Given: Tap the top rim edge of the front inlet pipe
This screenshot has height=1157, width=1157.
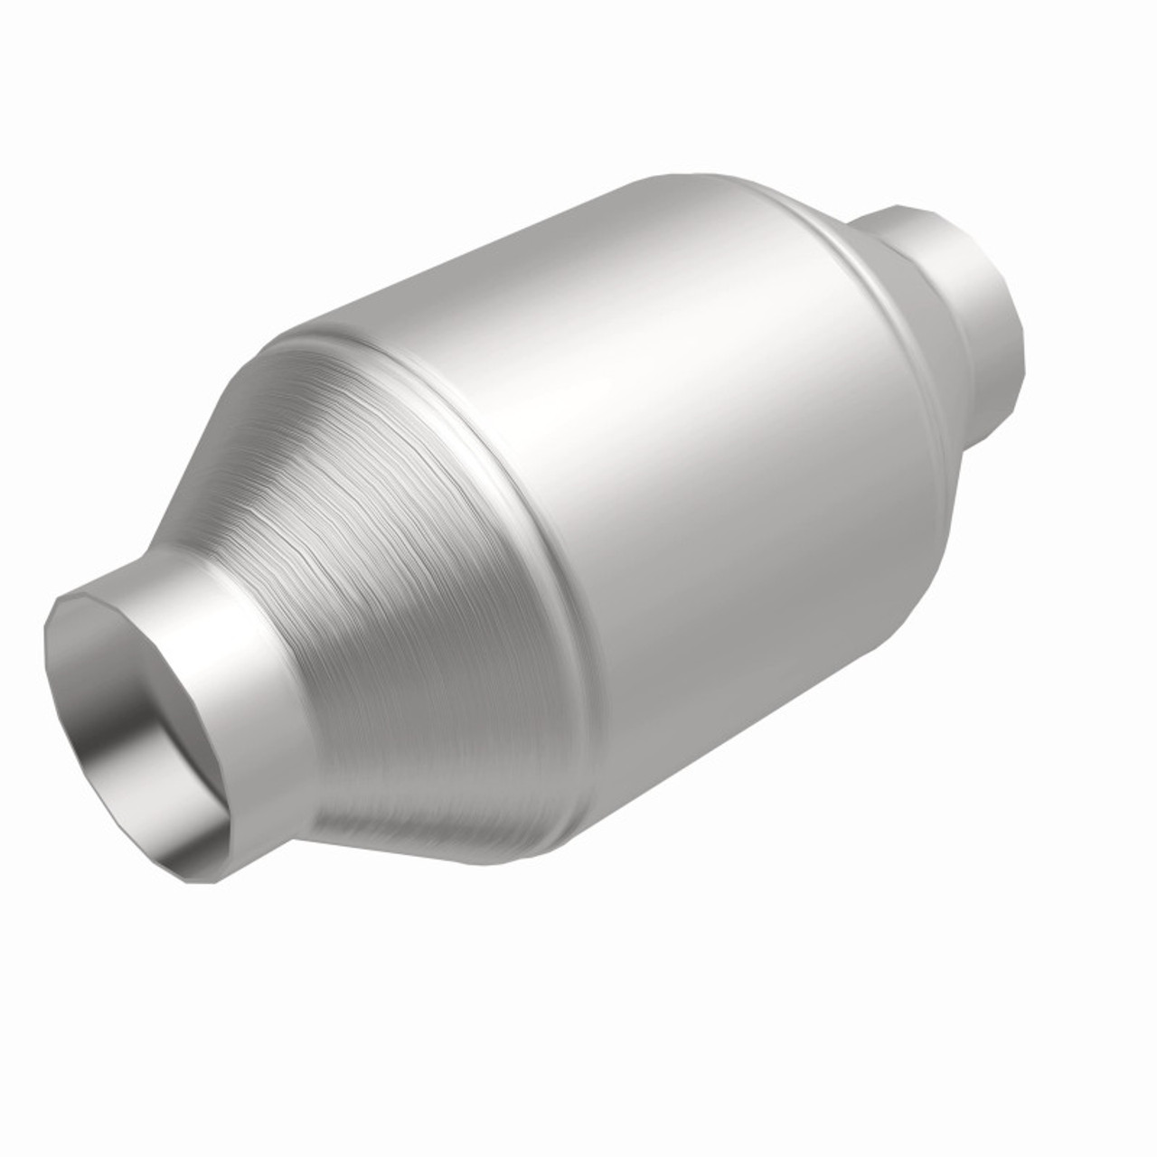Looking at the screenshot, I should pyautogui.click(x=136, y=585).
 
